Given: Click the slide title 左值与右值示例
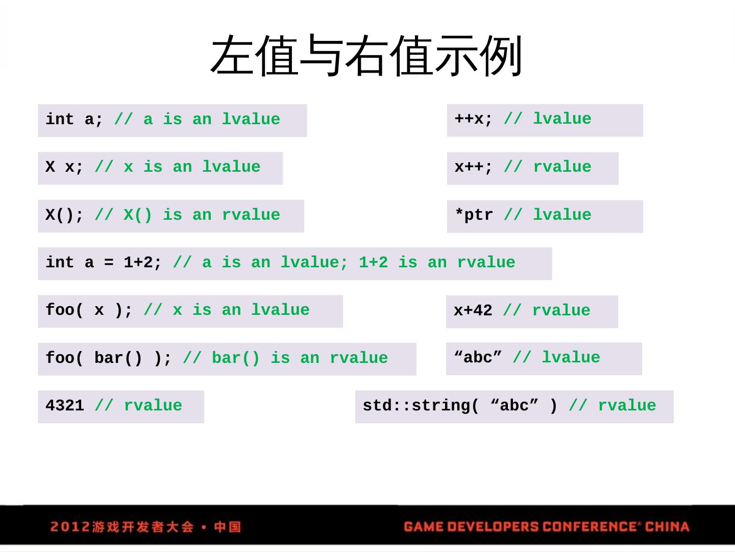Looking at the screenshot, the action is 366,56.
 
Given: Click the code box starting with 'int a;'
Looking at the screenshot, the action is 172,120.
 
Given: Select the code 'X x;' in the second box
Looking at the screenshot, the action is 64,167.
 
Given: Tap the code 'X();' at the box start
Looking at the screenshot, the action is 64,215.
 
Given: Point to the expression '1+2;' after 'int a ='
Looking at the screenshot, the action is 143,263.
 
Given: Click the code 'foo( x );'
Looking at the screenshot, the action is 89,310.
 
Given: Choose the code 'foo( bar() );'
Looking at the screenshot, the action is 108,358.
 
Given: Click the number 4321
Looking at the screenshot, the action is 64,406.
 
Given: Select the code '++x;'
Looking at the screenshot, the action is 474,119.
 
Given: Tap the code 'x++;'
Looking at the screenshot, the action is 474,167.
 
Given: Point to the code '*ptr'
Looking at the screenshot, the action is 474,215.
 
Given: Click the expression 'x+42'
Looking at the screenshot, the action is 473,311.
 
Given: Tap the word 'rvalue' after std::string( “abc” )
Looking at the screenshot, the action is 627,406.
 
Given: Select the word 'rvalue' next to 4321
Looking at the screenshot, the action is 153,406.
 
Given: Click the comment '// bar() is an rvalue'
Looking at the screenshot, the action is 285,358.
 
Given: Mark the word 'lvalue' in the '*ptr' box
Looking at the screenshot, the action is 562,215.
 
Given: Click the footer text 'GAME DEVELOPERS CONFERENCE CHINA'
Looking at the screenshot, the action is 546,526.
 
